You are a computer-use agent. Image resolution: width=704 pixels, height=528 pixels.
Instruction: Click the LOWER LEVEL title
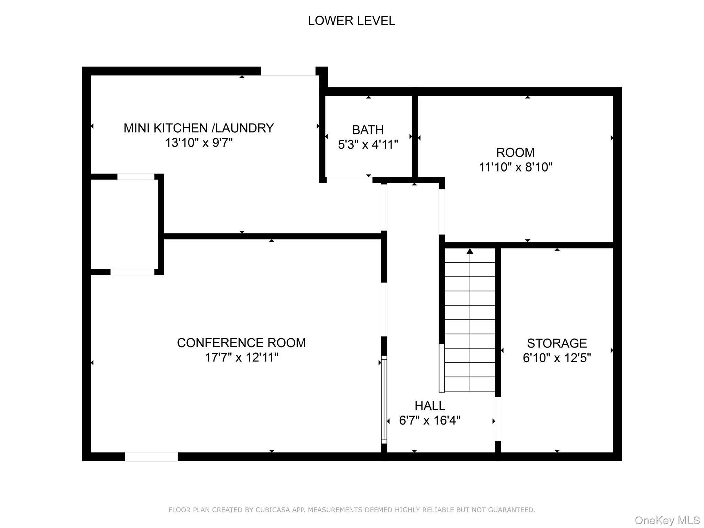coord(351,21)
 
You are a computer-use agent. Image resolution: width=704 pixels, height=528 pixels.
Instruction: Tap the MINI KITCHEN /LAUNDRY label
coord(199,128)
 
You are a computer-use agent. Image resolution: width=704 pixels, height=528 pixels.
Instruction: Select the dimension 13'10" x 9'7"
coord(199,143)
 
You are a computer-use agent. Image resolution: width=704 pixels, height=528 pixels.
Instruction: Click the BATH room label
coord(368,130)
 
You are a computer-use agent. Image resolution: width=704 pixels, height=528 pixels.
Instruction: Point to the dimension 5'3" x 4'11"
coord(368,145)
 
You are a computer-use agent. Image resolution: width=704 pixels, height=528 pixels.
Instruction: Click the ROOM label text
coord(515,152)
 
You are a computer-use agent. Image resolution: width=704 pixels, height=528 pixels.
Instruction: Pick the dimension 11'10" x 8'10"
coord(516,167)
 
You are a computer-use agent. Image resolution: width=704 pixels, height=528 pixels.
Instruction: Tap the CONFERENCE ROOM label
coord(241,343)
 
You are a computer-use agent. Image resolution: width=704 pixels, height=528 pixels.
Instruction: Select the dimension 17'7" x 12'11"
coord(241,357)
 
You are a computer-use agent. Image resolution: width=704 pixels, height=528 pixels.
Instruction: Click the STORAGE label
coord(557,343)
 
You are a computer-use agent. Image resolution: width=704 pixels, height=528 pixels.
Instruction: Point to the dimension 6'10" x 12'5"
coord(557,358)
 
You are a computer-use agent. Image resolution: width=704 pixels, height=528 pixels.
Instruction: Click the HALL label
coord(430,406)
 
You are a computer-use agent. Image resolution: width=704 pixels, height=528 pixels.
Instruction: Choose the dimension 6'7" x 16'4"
coord(430,420)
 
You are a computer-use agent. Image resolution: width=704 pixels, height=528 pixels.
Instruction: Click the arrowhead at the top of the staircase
coord(470,251)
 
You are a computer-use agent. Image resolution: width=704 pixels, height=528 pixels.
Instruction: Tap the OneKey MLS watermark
coord(667,520)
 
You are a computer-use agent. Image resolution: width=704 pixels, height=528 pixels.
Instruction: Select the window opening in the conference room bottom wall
coord(151,457)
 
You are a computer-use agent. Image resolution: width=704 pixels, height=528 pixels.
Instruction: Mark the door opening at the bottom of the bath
coord(349,180)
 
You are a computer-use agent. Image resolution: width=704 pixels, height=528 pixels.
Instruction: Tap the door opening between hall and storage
coord(498,419)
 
